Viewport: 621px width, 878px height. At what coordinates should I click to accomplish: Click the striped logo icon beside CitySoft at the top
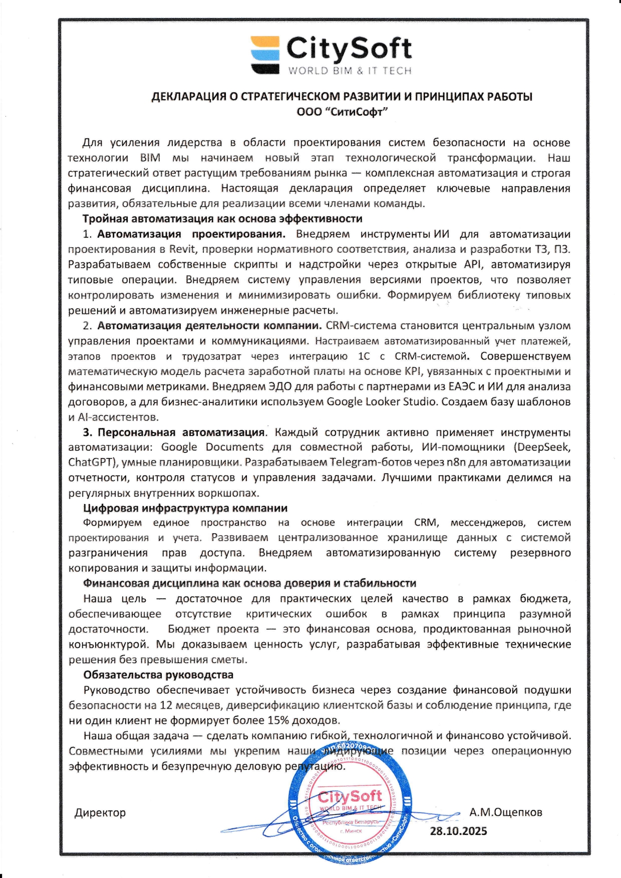tap(265, 55)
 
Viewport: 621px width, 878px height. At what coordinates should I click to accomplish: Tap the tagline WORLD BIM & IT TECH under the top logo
tap(349, 71)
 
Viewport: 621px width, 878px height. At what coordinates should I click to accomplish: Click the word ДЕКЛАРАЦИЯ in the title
tap(189, 97)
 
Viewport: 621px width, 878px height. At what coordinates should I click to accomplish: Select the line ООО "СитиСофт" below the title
tap(342, 112)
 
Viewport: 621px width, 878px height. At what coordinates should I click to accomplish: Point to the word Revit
tap(183, 249)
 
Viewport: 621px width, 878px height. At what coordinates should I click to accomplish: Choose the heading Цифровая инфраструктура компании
tap(185, 508)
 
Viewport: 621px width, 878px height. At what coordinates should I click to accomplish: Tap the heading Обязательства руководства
tap(158, 675)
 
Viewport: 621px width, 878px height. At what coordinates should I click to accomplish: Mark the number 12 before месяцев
tap(166, 705)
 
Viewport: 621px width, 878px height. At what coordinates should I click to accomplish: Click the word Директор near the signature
tap(100, 812)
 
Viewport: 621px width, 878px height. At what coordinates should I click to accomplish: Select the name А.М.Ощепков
tap(505, 812)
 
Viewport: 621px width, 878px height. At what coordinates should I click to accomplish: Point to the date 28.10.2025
tap(458, 831)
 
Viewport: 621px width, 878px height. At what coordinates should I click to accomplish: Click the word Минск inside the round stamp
tap(353, 830)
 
